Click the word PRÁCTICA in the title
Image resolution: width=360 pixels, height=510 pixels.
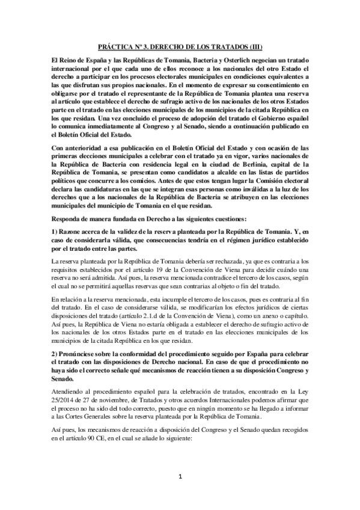(x=115, y=46)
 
